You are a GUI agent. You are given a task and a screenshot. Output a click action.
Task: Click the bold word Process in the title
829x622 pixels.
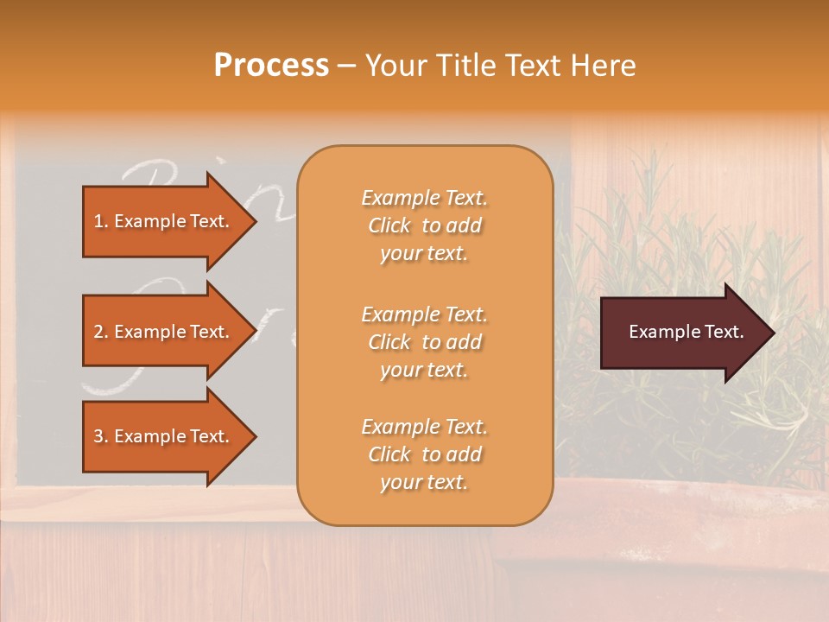[x=271, y=66]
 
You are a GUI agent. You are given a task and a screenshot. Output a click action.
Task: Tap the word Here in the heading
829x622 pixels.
[x=605, y=66]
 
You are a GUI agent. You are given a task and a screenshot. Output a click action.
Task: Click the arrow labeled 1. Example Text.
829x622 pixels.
[x=164, y=221]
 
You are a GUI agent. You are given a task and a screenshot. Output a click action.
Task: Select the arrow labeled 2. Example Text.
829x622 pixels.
[x=164, y=332]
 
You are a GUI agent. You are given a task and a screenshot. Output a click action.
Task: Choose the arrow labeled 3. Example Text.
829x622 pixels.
[x=164, y=436]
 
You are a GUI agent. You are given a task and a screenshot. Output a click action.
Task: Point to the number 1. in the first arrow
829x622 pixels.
[x=101, y=221]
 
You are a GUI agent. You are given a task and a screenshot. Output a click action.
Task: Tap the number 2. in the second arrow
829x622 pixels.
[x=101, y=332]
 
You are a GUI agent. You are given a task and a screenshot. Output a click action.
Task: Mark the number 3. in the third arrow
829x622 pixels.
[x=101, y=436]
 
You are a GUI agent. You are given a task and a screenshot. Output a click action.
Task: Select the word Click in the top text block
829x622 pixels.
[x=389, y=225]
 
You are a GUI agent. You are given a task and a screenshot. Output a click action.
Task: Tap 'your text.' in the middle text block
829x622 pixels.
[x=424, y=370]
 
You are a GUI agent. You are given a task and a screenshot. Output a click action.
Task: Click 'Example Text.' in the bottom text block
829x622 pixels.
[x=424, y=426]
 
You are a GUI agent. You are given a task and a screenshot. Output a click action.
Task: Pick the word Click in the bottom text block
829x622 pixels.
[x=389, y=454]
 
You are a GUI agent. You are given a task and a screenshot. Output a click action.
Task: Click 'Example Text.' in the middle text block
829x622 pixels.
[x=424, y=314]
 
